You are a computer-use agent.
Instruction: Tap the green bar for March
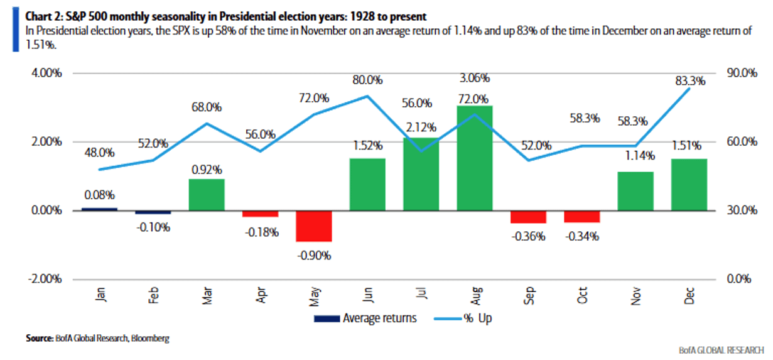point(207,194)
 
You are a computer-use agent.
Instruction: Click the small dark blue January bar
point(99,209)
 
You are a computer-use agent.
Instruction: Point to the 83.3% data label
point(690,80)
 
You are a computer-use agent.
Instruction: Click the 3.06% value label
point(475,78)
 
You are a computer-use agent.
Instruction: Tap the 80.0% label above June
point(367,80)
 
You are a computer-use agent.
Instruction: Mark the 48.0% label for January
point(99,152)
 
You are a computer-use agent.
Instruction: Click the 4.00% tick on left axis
point(45,73)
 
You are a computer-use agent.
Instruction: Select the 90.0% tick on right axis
point(742,73)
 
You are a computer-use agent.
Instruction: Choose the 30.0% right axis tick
point(742,210)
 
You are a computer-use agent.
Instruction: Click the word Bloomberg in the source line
point(151,338)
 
